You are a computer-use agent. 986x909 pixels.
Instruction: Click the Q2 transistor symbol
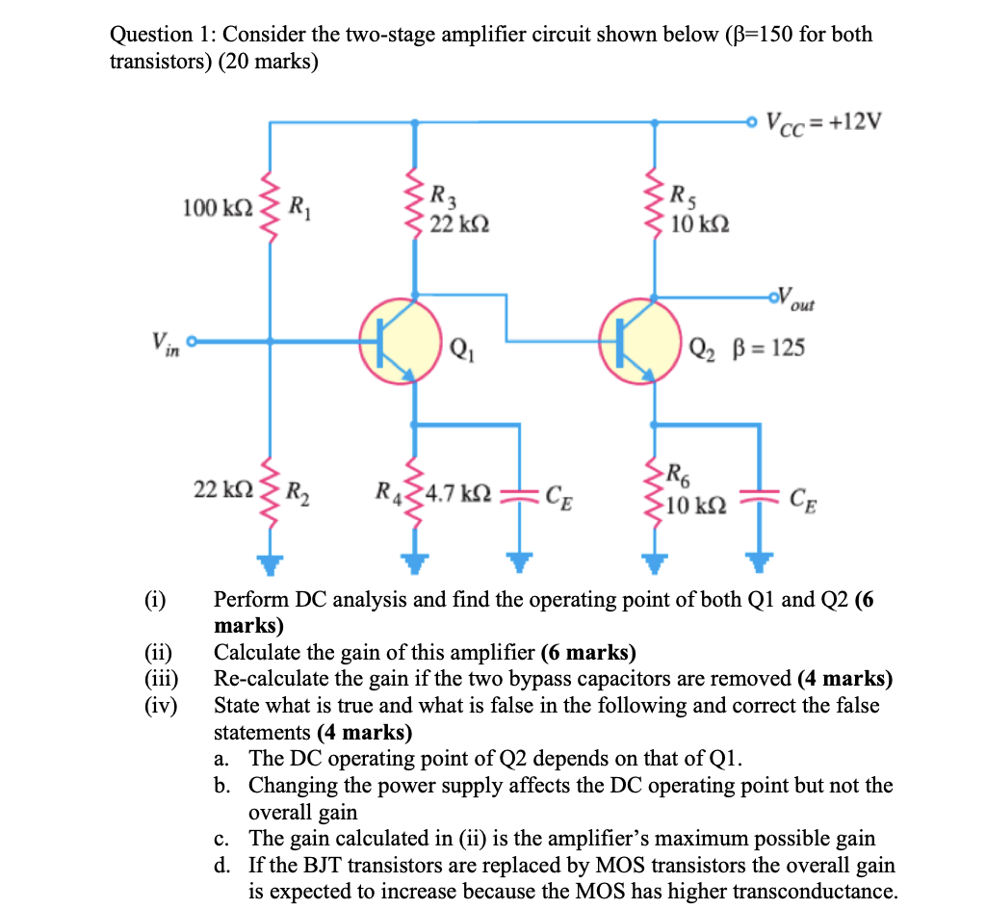(x=641, y=339)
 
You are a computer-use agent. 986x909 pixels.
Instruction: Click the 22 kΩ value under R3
(x=459, y=223)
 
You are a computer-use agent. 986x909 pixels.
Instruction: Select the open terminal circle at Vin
(x=192, y=341)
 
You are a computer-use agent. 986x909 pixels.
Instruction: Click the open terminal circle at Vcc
(x=752, y=122)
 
